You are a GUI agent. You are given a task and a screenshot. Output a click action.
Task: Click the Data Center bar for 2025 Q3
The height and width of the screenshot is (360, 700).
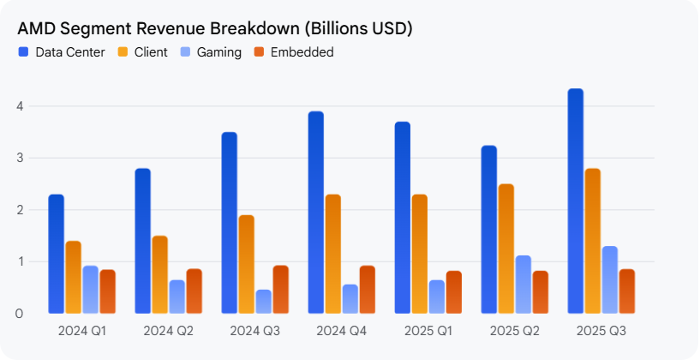tap(575, 201)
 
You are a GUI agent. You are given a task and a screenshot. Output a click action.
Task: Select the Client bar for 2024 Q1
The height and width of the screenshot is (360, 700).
tap(74, 277)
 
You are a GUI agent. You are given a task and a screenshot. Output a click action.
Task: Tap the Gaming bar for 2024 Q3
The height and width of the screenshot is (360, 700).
tap(264, 302)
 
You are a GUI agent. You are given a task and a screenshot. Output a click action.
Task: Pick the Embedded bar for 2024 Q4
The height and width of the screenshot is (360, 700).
tap(368, 290)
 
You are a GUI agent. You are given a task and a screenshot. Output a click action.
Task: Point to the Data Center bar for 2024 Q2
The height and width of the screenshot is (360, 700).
tap(143, 241)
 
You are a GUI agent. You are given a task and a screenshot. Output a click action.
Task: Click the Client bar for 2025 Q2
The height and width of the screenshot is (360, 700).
tap(506, 249)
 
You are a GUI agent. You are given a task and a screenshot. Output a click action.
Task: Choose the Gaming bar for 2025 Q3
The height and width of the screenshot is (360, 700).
tap(610, 279)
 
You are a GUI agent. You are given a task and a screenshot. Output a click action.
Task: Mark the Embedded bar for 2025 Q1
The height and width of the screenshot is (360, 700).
tap(454, 292)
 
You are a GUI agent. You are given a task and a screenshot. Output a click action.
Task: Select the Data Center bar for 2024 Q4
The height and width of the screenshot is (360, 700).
tap(316, 213)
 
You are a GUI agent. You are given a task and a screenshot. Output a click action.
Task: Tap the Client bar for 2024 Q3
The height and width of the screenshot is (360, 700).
tap(247, 264)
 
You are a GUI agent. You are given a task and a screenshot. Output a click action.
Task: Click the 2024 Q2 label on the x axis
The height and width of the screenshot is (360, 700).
tap(169, 331)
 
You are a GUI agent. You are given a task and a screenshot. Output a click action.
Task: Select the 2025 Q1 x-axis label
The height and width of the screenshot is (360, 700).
tap(428, 331)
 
